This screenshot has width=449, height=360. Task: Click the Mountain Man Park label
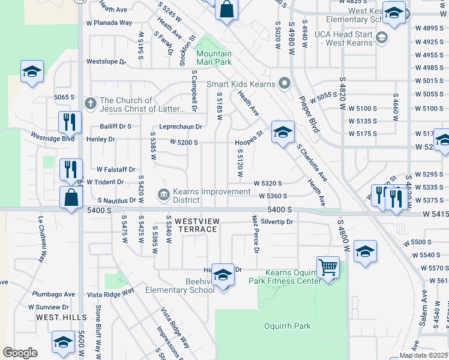point(214,58)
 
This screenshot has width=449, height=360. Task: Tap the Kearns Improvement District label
point(203,196)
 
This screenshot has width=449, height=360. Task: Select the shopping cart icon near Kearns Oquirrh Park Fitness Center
point(328,266)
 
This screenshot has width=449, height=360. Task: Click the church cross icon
point(90,103)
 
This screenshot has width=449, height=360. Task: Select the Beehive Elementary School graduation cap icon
point(223,275)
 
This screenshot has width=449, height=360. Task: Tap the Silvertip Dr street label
point(276,222)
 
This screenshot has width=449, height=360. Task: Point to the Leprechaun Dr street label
point(180,127)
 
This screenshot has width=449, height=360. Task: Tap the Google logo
point(20,353)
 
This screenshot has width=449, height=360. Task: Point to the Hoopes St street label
point(249,139)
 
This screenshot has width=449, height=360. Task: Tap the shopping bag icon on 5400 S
point(71,197)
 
